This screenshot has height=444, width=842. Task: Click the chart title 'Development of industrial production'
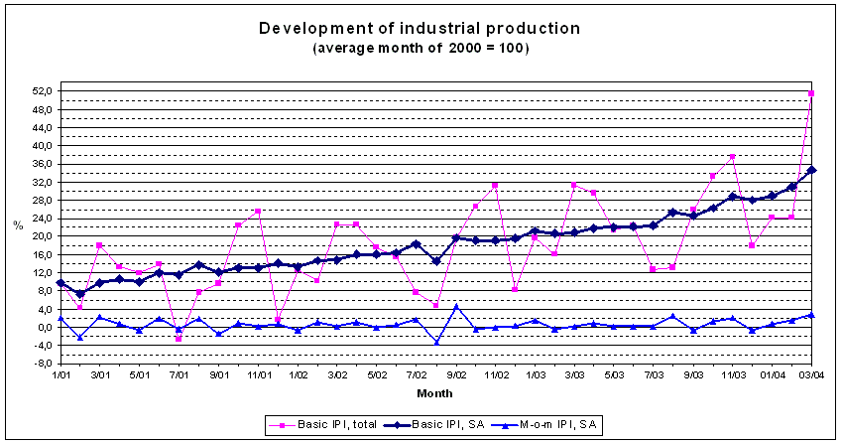click(x=420, y=27)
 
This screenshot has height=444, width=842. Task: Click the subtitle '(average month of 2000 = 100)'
click(x=420, y=47)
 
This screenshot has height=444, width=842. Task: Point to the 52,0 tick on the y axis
click(x=42, y=91)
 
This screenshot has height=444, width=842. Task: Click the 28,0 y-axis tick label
click(x=42, y=201)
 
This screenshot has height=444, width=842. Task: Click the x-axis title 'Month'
click(x=435, y=394)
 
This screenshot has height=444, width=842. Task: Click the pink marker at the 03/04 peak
click(x=811, y=93)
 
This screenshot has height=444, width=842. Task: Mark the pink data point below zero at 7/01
click(x=179, y=339)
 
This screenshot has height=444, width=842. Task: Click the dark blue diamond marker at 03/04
click(x=811, y=170)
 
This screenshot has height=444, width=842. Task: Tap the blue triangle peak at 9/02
click(x=456, y=306)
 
